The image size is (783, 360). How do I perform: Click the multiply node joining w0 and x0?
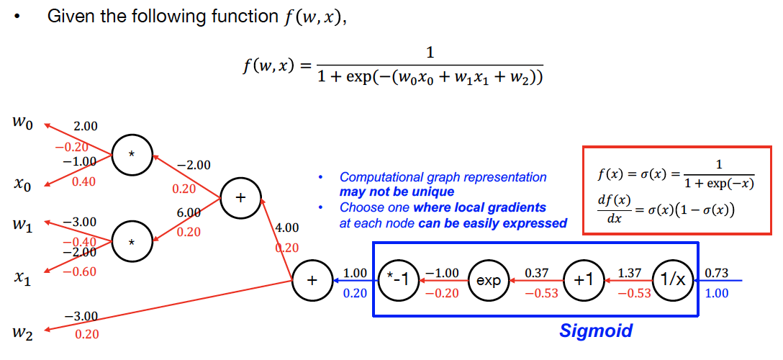tap(132, 154)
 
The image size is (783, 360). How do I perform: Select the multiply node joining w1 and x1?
tap(132, 243)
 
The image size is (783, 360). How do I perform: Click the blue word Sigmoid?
tap(596, 330)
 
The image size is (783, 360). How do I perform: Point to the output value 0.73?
tap(717, 274)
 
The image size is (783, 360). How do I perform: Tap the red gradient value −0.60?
tap(84, 271)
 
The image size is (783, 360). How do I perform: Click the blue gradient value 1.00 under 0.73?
tap(717, 293)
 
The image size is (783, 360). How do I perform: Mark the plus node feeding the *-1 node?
tap(311, 280)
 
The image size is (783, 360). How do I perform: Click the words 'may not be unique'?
tap(397, 192)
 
